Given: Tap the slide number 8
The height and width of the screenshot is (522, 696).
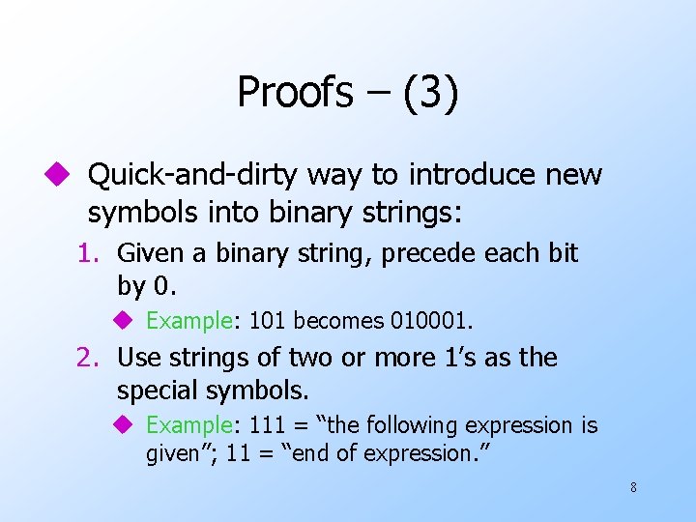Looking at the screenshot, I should click(x=633, y=487).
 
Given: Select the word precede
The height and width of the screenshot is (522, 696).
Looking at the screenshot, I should click(x=424, y=253).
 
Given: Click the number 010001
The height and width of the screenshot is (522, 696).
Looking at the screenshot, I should click(x=441, y=320).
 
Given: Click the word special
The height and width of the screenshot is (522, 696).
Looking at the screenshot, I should click(x=155, y=391).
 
